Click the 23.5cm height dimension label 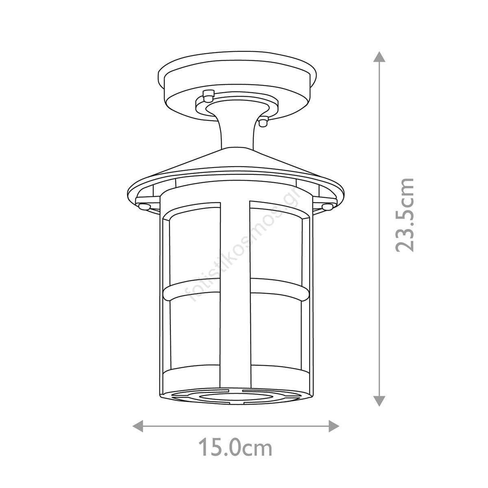[404, 215]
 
